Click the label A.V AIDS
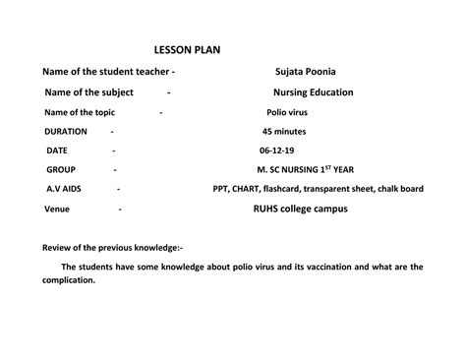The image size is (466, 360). (64, 188)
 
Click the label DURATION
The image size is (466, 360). (66, 131)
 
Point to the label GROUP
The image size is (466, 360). (61, 169)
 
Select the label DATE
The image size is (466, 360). (57, 150)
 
